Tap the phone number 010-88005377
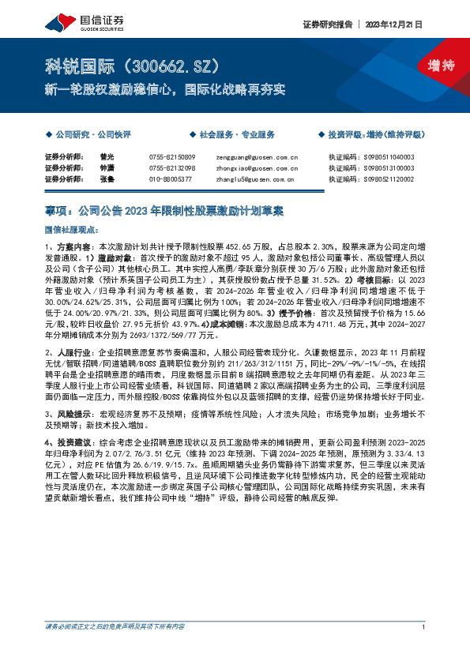(170, 180)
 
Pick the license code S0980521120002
(382, 180)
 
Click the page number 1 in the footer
(424, 650)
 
